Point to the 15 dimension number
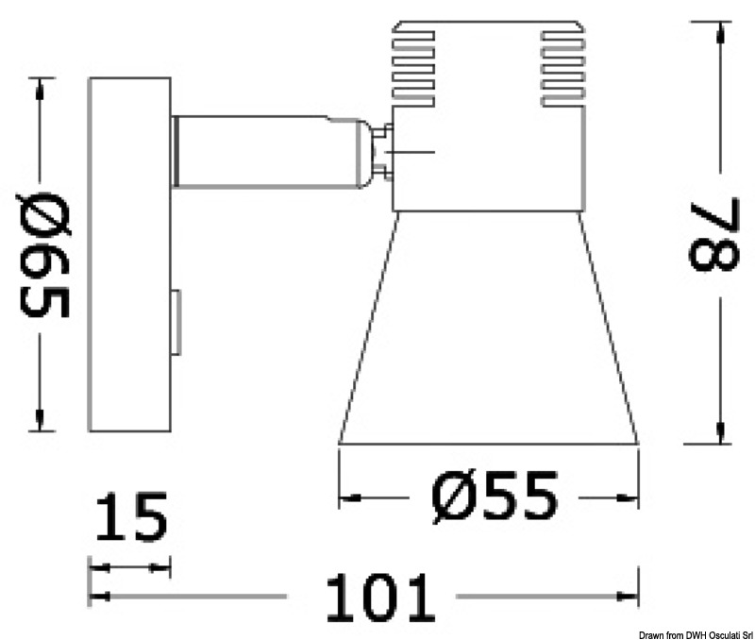point(131,517)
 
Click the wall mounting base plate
point(129,255)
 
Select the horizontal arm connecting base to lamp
point(264,151)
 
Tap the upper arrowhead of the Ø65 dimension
point(40,89)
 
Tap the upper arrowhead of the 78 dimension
point(722,28)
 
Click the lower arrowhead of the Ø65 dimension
point(40,421)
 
